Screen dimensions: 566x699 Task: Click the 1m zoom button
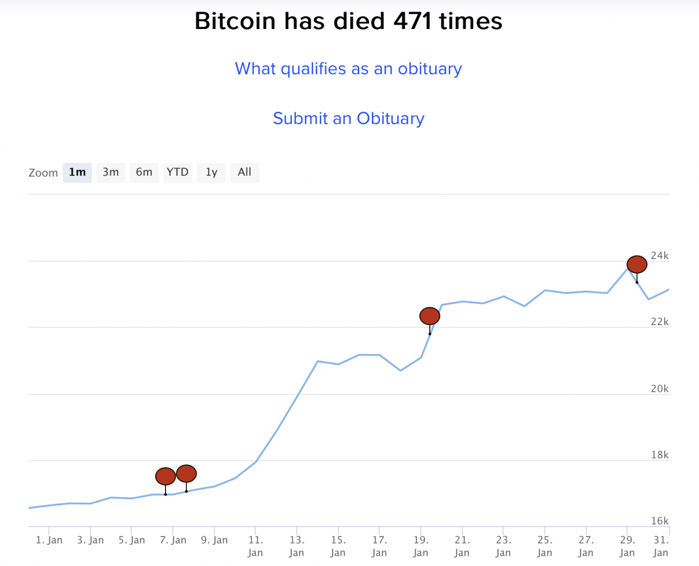(x=77, y=173)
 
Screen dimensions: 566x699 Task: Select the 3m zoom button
(x=111, y=173)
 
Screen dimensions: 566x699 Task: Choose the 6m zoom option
(x=144, y=173)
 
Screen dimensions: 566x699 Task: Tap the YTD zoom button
(x=177, y=173)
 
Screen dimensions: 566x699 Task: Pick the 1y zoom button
(x=211, y=173)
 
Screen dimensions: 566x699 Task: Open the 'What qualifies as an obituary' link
(x=348, y=69)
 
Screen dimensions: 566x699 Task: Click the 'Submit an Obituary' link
(x=348, y=119)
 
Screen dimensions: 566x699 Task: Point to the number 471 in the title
(x=412, y=21)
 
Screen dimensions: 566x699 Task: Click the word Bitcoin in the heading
(x=235, y=21)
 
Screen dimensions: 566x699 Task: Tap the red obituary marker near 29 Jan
(x=637, y=264)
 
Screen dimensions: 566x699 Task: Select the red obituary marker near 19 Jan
(x=430, y=316)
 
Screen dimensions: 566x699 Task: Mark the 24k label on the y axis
(x=660, y=256)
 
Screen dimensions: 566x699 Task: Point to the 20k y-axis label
(x=660, y=389)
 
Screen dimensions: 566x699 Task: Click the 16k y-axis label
(x=660, y=521)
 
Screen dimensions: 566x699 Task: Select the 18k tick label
(x=660, y=455)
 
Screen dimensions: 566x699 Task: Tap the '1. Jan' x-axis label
(x=49, y=540)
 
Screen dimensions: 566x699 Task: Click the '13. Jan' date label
(x=297, y=546)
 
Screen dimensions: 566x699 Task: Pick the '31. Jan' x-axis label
(x=661, y=546)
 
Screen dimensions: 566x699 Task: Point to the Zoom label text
(x=43, y=173)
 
